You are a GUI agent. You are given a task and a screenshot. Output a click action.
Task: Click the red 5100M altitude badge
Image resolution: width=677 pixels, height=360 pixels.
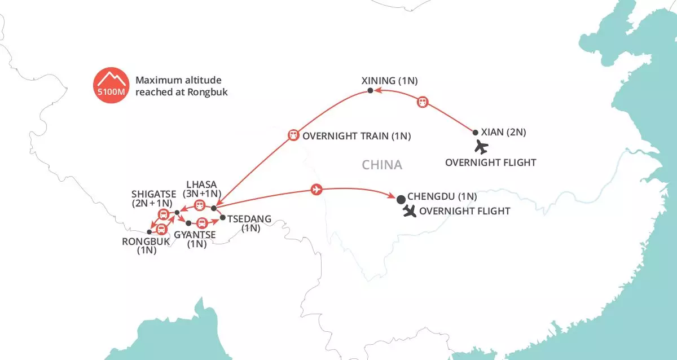(x=111, y=86)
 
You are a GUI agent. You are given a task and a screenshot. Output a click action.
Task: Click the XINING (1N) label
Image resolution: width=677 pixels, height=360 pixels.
(x=389, y=81)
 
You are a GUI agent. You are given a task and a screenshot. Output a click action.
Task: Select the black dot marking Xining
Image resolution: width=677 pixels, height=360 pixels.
(x=370, y=91)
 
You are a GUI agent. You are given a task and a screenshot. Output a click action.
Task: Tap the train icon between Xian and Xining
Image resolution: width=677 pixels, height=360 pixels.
(x=423, y=102)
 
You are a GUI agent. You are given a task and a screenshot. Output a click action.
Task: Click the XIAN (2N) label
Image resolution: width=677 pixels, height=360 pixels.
(x=503, y=132)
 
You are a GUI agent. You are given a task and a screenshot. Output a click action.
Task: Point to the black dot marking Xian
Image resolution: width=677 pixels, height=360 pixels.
(x=475, y=133)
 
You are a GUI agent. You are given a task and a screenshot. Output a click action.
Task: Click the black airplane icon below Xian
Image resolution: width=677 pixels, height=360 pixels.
(x=481, y=147)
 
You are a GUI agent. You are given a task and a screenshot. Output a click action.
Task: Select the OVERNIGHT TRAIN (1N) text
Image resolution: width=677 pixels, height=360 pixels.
(x=357, y=136)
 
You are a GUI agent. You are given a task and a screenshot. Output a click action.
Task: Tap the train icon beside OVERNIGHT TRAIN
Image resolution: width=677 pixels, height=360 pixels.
(x=293, y=135)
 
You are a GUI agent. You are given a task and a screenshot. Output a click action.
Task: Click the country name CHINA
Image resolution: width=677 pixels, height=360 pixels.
(x=382, y=165)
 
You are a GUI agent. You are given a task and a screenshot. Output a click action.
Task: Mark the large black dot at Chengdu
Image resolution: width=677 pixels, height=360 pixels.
(x=401, y=199)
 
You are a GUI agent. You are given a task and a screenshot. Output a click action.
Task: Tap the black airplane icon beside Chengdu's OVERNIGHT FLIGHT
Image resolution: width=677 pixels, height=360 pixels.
(x=410, y=212)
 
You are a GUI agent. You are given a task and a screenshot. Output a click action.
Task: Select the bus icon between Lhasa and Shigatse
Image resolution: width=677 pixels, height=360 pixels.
(x=199, y=205)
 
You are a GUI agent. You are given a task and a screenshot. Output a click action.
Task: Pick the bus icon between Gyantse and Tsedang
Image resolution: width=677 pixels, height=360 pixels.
(x=200, y=223)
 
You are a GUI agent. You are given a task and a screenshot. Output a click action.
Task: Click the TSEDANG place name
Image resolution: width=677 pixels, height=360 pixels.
(x=249, y=218)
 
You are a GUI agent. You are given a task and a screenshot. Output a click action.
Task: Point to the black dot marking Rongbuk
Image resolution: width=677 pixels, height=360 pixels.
(x=149, y=232)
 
